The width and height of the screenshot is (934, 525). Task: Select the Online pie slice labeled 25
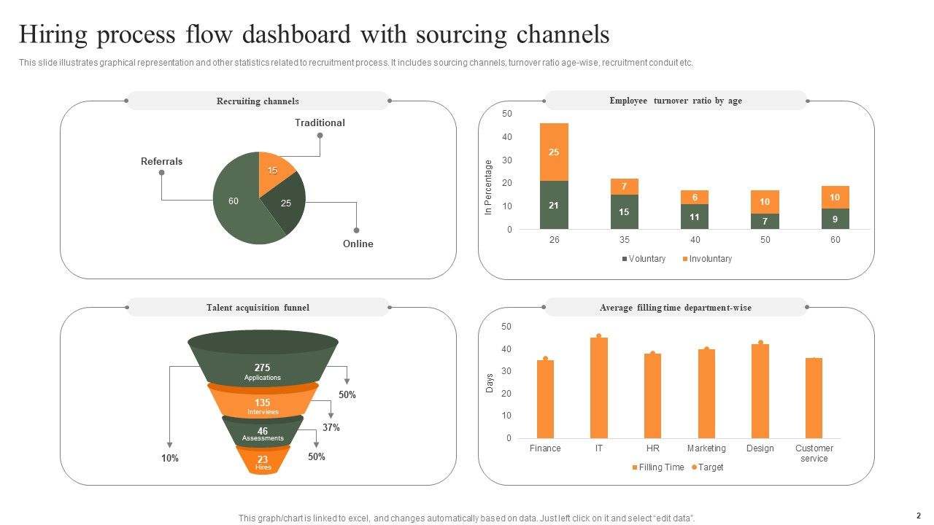pos(285,203)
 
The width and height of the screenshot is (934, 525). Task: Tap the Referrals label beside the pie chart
pos(161,161)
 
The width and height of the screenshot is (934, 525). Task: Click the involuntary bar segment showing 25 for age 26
pos(554,152)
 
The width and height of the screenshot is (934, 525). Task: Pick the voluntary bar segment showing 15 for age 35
pos(625,211)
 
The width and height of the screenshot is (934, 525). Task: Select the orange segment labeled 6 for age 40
pos(695,198)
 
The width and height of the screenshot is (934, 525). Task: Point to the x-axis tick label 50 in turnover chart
pos(765,240)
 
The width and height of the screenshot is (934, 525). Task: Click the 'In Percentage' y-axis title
pos(489,187)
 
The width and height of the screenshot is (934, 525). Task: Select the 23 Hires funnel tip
pos(263,462)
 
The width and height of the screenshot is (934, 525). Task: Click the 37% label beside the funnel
pos(331,428)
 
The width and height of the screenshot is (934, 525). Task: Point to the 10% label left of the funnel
pos(169,459)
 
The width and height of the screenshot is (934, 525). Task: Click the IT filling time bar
pos(599,386)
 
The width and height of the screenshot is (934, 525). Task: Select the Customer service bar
pos(814,397)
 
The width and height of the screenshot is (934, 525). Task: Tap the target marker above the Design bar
pos(760,342)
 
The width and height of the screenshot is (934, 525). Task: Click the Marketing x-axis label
pos(706,448)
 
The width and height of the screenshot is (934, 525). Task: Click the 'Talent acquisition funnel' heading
pos(258,308)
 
